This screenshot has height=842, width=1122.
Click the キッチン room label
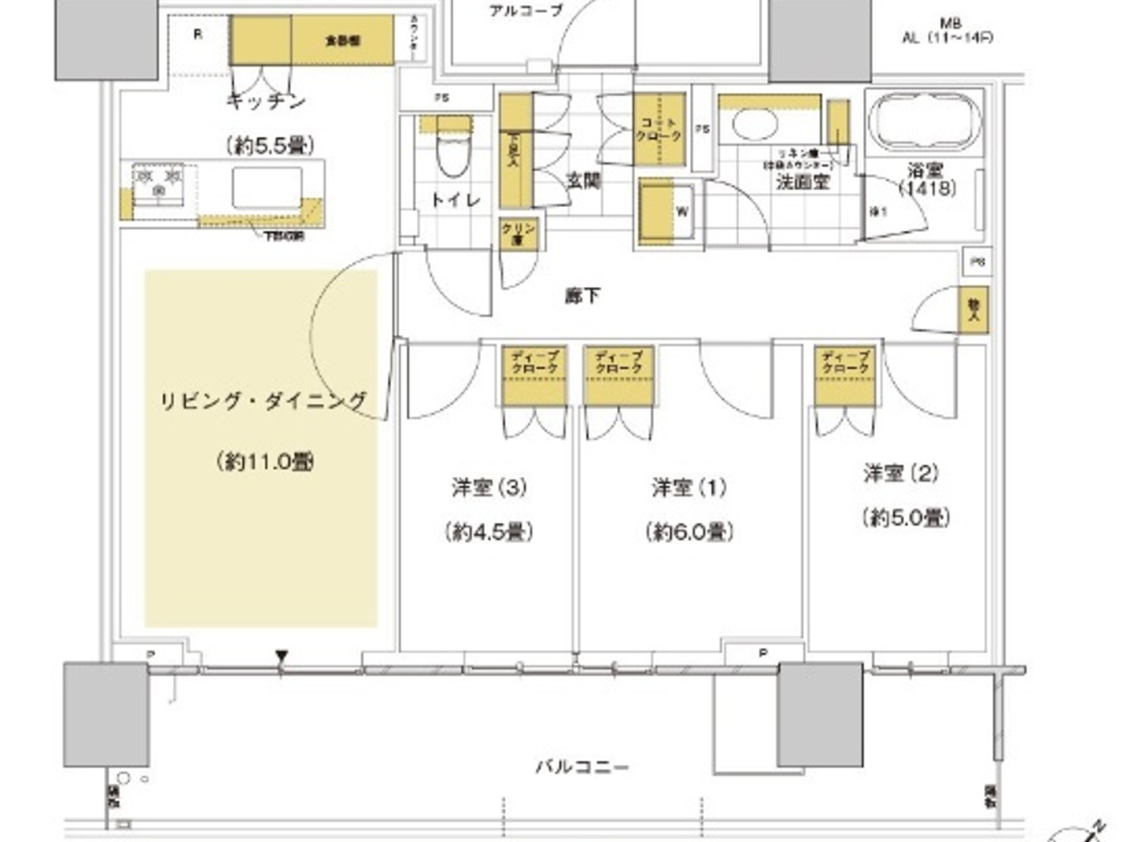(x=266, y=101)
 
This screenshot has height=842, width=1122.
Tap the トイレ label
(x=455, y=200)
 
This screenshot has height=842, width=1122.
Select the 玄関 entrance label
(x=583, y=181)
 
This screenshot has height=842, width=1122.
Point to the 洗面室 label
(x=801, y=182)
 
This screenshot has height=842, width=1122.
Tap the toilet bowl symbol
(x=454, y=157)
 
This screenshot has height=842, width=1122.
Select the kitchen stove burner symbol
(x=159, y=184)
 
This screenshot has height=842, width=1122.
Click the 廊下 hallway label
(x=583, y=296)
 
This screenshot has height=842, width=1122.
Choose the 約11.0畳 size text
(x=264, y=462)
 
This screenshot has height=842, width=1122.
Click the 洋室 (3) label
(x=489, y=488)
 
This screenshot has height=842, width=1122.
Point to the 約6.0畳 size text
(x=689, y=532)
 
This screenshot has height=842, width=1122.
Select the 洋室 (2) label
(x=901, y=474)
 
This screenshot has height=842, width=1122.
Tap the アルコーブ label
(x=526, y=10)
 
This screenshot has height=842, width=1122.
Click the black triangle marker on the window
(x=281, y=657)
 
